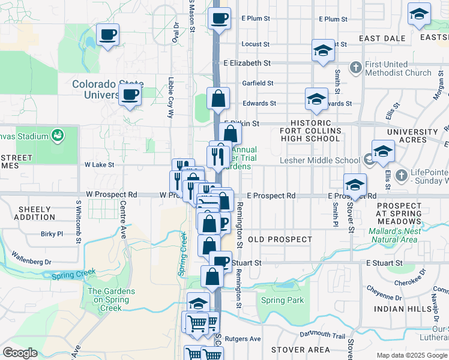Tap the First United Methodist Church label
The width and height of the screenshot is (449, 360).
397,69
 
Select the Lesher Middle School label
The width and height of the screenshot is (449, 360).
320,160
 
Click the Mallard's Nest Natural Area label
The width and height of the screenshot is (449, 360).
394,235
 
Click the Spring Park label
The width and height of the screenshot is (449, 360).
282,301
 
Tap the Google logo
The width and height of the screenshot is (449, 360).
20,353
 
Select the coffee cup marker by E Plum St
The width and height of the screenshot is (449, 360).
219,17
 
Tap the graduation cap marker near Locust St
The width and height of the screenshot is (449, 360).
323,50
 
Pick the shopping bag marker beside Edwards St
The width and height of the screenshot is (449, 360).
218,98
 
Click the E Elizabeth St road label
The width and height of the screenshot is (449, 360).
247,63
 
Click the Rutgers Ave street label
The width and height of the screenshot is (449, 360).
244,339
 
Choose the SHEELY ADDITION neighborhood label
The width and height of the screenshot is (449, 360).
38,213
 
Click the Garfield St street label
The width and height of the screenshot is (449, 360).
258,83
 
